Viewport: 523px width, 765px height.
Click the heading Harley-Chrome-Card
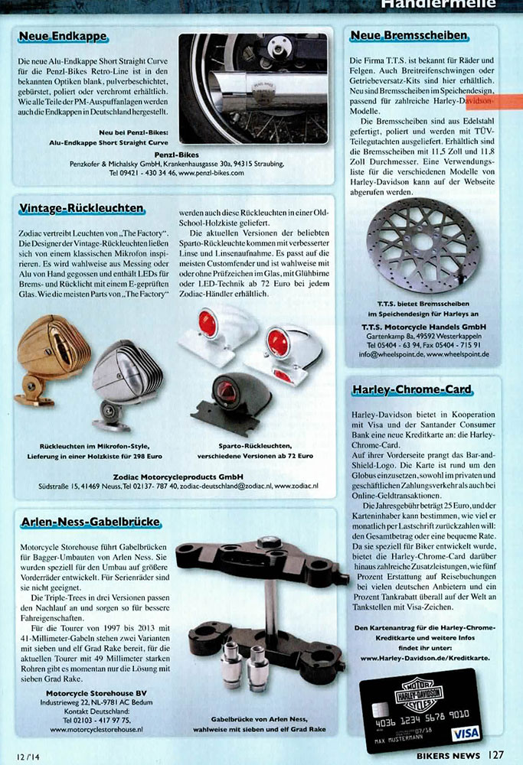411,390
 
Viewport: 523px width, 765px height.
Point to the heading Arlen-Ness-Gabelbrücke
90,522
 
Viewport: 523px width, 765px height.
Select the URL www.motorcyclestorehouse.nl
96,730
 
